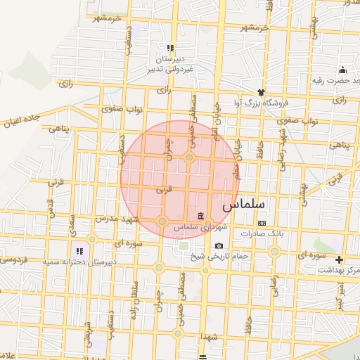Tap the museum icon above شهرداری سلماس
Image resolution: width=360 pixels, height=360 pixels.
point(202,215)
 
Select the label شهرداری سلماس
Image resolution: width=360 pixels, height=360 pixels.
point(201,227)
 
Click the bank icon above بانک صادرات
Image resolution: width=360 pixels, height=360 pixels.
point(262,222)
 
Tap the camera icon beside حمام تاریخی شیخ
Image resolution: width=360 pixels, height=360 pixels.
point(219,245)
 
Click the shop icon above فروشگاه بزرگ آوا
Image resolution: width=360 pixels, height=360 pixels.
point(262,91)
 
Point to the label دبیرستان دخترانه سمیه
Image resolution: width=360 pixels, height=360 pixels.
point(77,262)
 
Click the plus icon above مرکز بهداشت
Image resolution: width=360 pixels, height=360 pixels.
point(340,259)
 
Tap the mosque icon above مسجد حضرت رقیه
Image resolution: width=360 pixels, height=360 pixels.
point(342,70)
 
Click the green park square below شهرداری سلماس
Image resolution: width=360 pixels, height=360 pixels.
point(184,246)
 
